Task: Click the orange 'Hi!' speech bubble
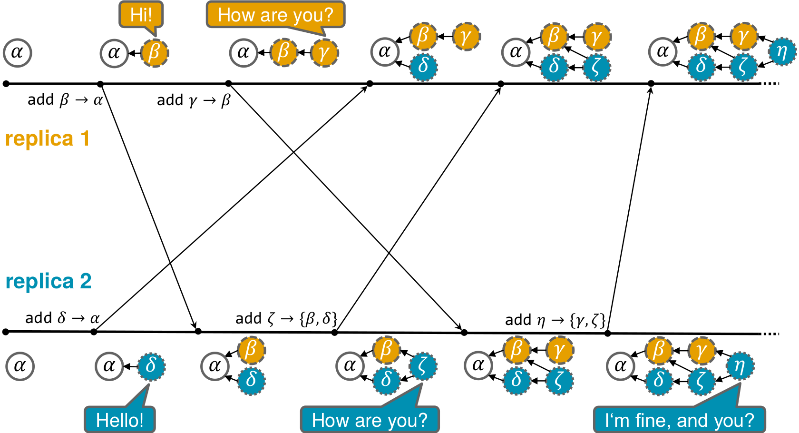click(x=141, y=15)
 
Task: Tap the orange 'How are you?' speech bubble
click(x=275, y=15)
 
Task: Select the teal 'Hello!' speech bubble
click(x=119, y=420)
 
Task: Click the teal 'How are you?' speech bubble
click(x=370, y=420)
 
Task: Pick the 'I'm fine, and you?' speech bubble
click(x=679, y=420)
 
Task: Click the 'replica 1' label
click(x=47, y=139)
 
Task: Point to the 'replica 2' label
click(x=48, y=281)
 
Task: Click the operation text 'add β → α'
click(x=65, y=100)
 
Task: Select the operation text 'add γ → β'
click(x=194, y=100)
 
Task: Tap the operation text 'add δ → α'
click(x=62, y=318)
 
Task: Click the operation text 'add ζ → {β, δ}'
click(x=286, y=318)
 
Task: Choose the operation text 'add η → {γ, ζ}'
click(x=555, y=320)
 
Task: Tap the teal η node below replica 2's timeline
click(x=740, y=366)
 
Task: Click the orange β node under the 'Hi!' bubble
click(x=154, y=52)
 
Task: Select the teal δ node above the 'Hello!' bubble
click(x=151, y=366)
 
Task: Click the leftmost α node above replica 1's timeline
click(x=17, y=52)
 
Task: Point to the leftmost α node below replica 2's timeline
click(x=19, y=366)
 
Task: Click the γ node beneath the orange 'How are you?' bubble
click(x=324, y=52)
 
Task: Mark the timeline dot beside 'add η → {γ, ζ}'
click(x=607, y=333)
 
